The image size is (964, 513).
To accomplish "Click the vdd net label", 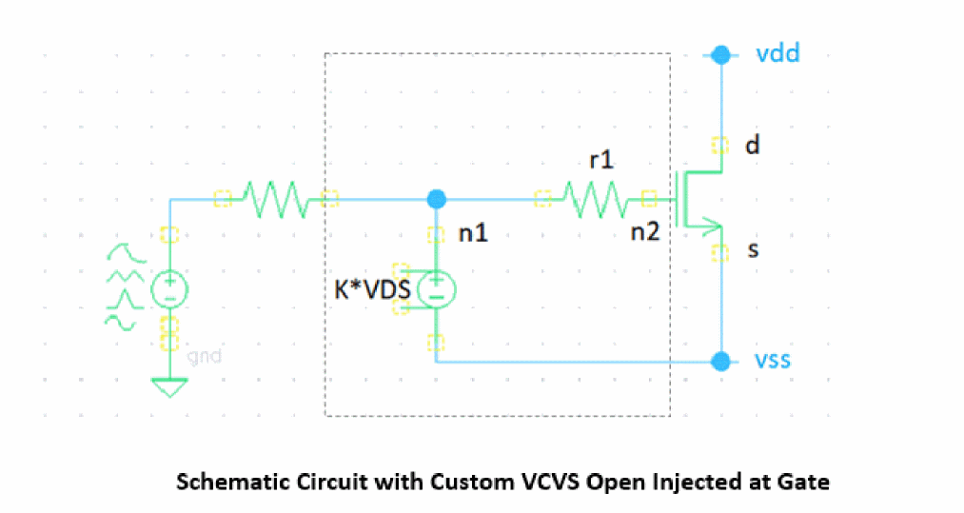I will point(777,53).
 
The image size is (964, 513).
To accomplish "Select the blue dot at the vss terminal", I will point(722,362).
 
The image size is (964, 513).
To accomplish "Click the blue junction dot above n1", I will point(436,199).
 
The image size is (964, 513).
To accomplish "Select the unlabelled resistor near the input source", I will point(276,199).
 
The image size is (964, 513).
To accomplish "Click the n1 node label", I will point(473,232).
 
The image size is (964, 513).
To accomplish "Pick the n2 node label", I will point(644,232).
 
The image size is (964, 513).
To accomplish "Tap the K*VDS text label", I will point(371,290).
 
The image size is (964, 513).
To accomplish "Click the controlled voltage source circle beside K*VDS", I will point(436,288).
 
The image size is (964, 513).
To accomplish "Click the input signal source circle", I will point(169,288).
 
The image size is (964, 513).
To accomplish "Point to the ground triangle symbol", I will point(169,387).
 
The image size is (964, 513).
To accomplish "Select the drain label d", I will point(752,147).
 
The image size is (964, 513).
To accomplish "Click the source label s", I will point(752,249).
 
